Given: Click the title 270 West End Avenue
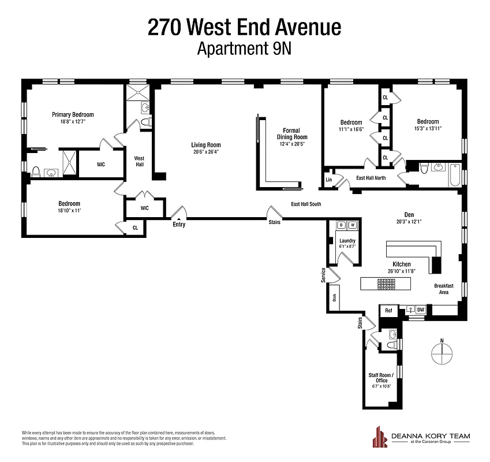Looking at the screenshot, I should click(x=245, y=27).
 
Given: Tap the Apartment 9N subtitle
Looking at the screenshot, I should click(x=245, y=49).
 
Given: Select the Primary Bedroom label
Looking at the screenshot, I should click(x=73, y=114).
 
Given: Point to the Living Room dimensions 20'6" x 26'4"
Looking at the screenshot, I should click(x=206, y=152).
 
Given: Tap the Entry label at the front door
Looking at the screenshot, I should click(x=179, y=225).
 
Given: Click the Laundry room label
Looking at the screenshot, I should click(x=347, y=241).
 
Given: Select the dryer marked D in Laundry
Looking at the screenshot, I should click(x=341, y=225).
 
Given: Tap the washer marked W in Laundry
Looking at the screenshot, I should click(x=353, y=225).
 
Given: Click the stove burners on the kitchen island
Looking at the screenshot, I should click(x=386, y=284).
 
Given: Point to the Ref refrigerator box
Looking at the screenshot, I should click(x=388, y=311).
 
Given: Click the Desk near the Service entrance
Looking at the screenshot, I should click(x=334, y=297).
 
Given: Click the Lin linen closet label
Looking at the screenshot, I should click(x=329, y=180).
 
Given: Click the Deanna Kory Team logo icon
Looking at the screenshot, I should click(x=380, y=437).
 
